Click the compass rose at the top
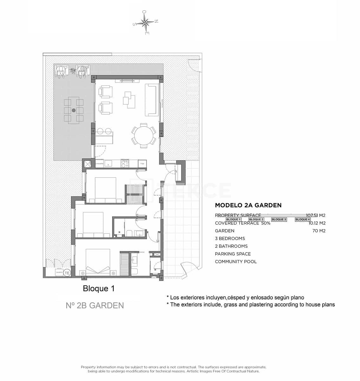click(x=145, y=22)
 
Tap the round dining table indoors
click(x=144, y=136)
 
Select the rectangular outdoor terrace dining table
click(x=74, y=110)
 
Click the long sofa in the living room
click(x=151, y=100)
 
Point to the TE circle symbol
click(x=67, y=273)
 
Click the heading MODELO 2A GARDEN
click(x=248, y=205)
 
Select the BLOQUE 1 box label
click(x=233, y=219)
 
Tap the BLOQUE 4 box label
click(x=302, y=219)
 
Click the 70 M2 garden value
click(x=319, y=231)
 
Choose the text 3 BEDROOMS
click(x=230, y=238)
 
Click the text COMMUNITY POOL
click(x=236, y=262)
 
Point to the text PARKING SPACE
click(x=233, y=254)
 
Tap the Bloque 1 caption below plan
click(x=98, y=289)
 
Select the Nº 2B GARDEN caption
click(x=95, y=305)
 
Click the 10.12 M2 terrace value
click(x=317, y=223)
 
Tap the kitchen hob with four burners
click(x=125, y=164)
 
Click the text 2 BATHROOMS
click(x=231, y=246)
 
